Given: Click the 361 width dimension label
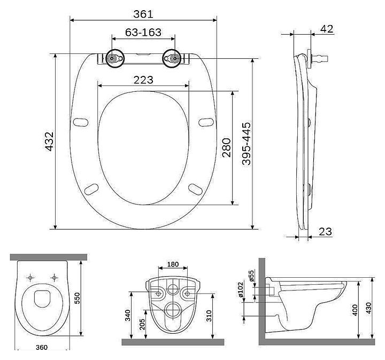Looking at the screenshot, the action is pyautogui.click(x=143, y=14).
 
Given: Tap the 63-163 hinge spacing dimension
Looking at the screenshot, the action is pyautogui.click(x=143, y=32).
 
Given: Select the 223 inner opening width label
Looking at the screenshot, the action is pyautogui.click(x=143, y=80).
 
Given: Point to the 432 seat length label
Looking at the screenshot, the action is pyautogui.click(x=49, y=141).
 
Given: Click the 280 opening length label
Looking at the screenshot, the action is pyautogui.click(x=227, y=147).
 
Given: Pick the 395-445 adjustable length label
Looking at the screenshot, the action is pyautogui.click(x=247, y=144).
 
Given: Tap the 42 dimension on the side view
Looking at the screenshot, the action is pyautogui.click(x=327, y=29).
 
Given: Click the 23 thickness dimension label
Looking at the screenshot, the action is pyautogui.click(x=325, y=231).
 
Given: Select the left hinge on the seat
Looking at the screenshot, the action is pyautogui.click(x=115, y=59).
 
